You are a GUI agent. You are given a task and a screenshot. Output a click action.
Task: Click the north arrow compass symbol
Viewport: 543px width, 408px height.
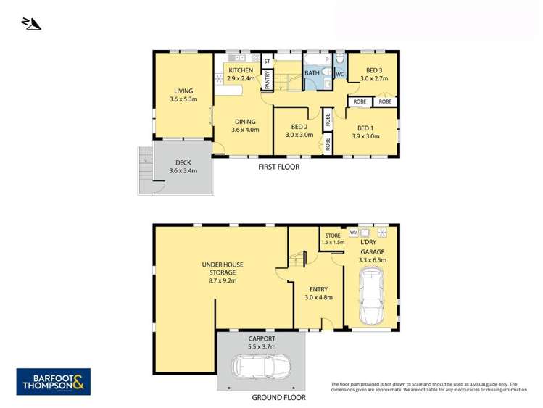pos(32,25)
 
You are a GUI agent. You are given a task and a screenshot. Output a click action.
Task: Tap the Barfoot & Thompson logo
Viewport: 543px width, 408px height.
pos(54,382)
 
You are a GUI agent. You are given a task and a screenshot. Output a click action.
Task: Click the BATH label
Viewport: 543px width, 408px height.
pos(312,73)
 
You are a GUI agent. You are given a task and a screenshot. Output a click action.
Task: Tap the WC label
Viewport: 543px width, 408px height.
pos(339,74)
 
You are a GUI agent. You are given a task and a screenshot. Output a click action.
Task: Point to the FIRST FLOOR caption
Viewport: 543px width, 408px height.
pos(279,167)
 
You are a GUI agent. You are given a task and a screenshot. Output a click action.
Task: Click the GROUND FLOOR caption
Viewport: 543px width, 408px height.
pos(278,397)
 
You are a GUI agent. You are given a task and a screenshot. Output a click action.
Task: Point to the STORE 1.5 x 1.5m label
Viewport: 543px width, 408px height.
pos(333,239)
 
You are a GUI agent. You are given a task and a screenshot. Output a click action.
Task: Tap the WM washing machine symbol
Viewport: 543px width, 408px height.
pos(355,232)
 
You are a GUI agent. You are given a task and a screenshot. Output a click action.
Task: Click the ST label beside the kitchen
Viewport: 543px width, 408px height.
pos(267,62)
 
